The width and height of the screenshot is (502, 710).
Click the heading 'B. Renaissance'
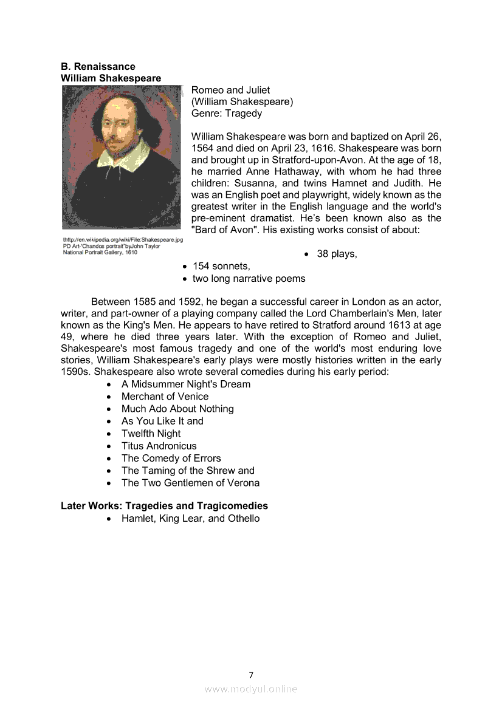point(98,66)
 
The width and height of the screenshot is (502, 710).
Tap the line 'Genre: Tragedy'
point(227,113)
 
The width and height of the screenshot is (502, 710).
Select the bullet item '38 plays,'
point(337,254)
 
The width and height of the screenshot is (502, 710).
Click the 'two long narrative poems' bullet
point(249,279)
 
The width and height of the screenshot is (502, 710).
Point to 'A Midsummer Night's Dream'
point(185,384)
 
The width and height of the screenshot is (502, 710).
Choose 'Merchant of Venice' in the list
point(165,397)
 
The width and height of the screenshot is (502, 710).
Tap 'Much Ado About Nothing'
point(177,409)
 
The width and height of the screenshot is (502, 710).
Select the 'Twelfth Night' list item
point(151,434)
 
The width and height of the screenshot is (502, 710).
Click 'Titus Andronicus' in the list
point(159,446)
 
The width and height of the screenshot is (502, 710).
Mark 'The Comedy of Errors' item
point(171,459)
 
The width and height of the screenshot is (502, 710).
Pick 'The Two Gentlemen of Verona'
point(190,483)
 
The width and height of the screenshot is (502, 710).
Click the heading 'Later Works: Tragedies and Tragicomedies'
point(164,506)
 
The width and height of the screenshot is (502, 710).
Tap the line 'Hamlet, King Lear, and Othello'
point(190,519)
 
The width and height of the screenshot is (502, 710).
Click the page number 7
point(251,675)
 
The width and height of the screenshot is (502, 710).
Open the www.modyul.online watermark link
point(251,689)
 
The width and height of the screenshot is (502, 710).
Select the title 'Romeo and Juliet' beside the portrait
point(230,90)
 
